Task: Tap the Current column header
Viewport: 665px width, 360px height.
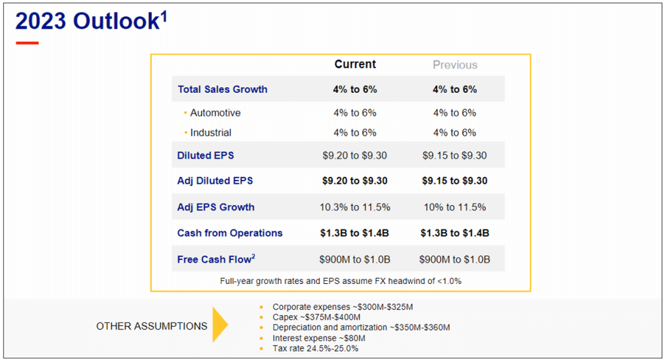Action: coord(355,64)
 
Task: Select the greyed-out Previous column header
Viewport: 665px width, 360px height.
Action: coord(455,65)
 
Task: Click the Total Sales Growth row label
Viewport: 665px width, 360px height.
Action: coord(222,90)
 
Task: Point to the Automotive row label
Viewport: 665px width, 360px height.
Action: coord(215,113)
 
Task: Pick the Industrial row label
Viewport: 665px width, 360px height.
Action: coord(210,133)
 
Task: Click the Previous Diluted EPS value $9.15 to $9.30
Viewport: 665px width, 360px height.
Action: coord(455,156)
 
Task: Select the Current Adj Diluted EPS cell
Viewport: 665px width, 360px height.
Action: coord(355,181)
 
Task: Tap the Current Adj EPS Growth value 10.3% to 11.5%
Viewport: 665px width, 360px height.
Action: coord(355,207)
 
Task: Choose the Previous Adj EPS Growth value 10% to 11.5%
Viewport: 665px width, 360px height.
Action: coord(455,207)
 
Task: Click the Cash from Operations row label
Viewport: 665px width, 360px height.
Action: coord(230,233)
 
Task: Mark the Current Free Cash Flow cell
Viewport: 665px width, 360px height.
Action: coord(355,260)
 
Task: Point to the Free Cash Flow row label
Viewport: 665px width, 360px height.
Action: coord(216,260)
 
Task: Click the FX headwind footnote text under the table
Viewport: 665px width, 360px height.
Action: coord(340,281)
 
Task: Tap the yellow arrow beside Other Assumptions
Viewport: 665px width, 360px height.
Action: coord(220,326)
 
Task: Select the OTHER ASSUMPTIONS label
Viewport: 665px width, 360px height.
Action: coord(151,326)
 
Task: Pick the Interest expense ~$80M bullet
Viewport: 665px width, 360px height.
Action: coord(319,338)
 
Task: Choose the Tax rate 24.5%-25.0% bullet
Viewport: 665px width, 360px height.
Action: coord(315,348)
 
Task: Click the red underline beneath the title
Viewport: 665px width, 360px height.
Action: coord(27,43)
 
